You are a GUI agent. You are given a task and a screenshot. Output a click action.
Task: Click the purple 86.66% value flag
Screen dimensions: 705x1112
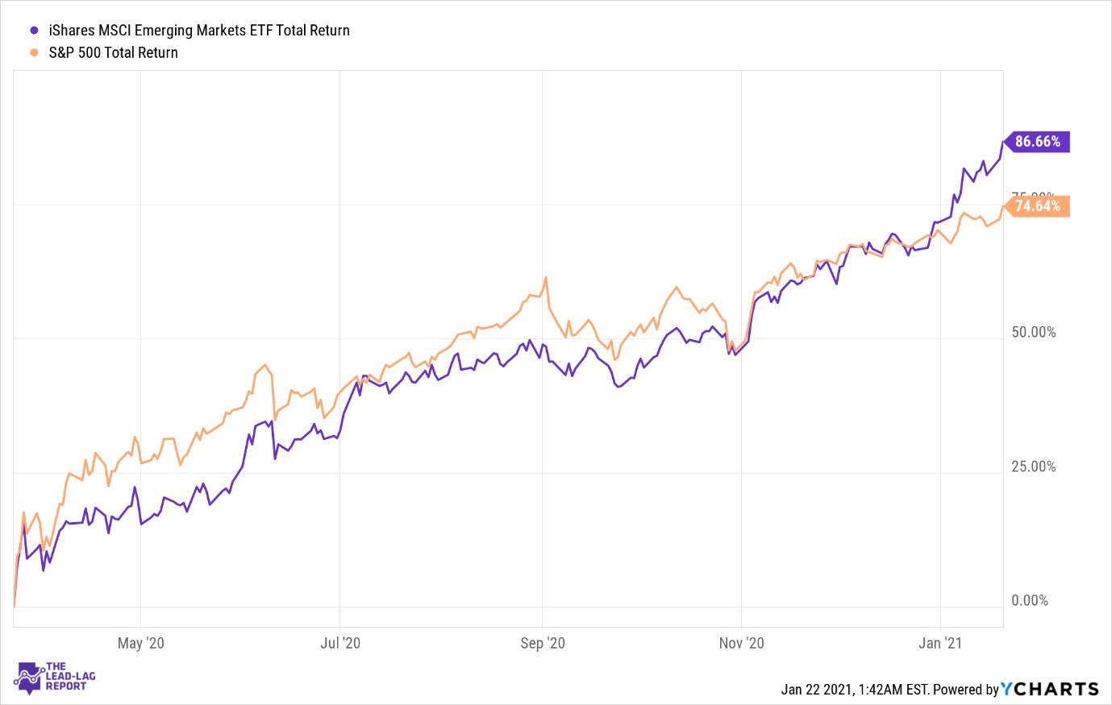[x=1037, y=142]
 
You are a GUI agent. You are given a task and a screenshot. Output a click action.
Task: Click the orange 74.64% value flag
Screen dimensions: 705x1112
[x=1037, y=206]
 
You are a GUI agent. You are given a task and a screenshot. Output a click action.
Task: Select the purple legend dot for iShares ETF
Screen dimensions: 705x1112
[x=34, y=31]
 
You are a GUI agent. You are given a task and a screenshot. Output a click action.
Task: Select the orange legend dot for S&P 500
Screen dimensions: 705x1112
[x=34, y=52]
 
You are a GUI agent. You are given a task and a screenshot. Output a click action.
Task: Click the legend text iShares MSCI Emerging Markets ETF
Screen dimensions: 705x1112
[x=199, y=31]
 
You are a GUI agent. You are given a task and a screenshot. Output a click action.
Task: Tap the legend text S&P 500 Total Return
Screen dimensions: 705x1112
[x=113, y=52]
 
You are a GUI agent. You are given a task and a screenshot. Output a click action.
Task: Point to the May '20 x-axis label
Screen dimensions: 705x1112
[x=140, y=643]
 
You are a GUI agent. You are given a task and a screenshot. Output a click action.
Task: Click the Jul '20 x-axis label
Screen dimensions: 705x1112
[x=340, y=643]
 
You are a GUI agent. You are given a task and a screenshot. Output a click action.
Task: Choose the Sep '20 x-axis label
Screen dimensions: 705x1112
[x=543, y=643]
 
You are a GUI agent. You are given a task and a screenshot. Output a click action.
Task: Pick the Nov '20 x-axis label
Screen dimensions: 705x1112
[x=741, y=643]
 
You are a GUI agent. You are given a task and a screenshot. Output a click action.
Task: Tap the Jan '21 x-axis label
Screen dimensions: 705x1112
[x=940, y=643]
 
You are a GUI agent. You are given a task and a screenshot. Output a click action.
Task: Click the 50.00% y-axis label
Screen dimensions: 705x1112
[x=1033, y=333]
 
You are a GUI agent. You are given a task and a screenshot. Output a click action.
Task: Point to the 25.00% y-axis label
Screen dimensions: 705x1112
[x=1033, y=467]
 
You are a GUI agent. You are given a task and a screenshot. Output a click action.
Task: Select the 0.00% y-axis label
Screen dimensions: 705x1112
[x=1030, y=601]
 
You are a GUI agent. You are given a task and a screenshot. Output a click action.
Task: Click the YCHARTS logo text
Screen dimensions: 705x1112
[x=1050, y=689]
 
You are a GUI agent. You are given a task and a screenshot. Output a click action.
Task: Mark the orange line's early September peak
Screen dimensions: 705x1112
[x=546, y=278]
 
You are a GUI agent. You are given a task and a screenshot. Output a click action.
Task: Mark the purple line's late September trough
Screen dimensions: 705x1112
[x=618, y=388]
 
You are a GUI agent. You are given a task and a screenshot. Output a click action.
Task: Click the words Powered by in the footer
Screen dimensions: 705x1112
[x=965, y=690]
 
